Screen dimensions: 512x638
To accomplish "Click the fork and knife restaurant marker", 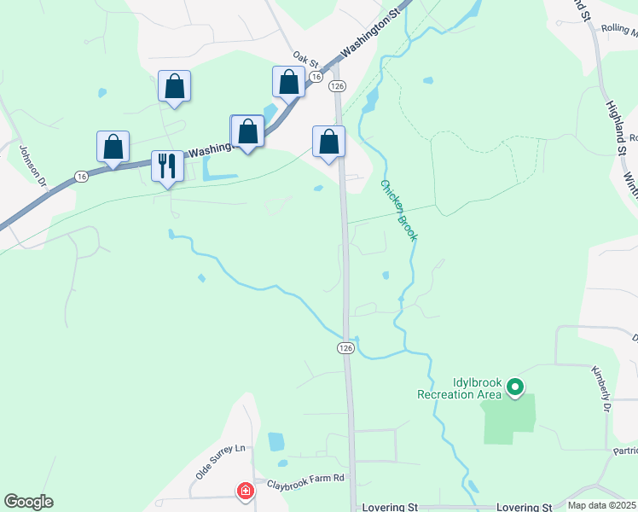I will (167, 165).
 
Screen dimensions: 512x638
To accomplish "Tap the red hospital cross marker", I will (245, 491).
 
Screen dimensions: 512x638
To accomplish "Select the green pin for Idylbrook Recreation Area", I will (514, 388).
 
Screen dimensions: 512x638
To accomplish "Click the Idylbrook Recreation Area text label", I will (459, 388).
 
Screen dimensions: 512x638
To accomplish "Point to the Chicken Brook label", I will (398, 210).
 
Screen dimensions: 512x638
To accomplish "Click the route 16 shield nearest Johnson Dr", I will (81, 176).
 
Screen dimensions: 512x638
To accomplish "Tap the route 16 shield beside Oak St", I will (316, 77).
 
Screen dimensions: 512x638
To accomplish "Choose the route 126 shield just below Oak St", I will (338, 86).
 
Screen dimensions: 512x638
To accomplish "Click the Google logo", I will (28, 502).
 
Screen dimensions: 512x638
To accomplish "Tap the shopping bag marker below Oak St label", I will (288, 83).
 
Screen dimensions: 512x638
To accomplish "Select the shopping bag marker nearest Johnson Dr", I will (113, 147).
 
